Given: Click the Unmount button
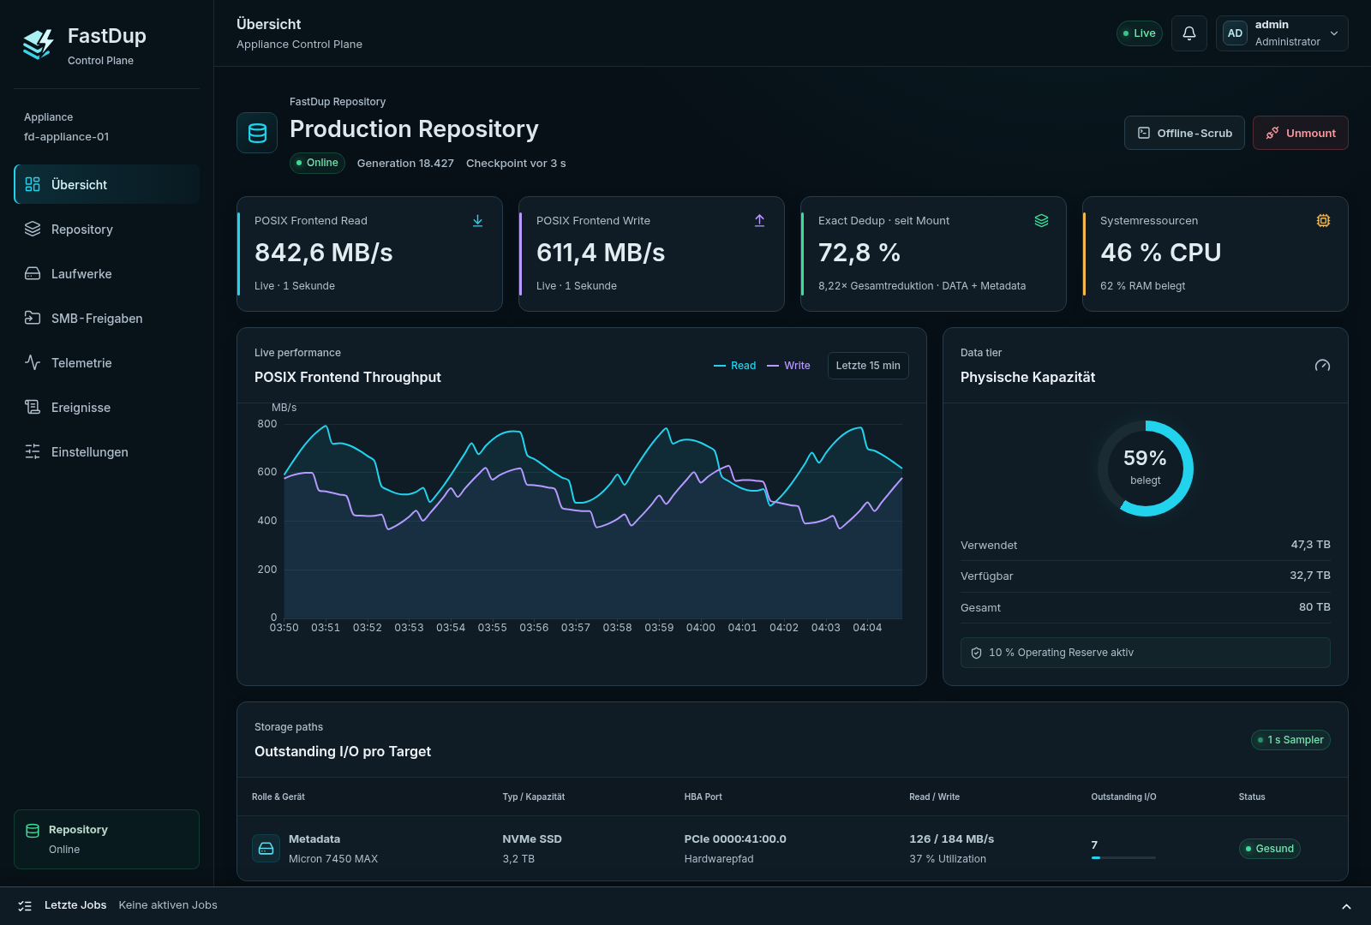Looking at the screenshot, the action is tap(1300, 133).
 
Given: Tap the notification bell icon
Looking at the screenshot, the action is tap(1188, 33).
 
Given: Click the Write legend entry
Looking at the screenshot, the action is tap(788, 365).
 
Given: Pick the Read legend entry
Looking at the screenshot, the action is tap(734, 365).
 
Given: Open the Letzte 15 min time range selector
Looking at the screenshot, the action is tap(868, 365).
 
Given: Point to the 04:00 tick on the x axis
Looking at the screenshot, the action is tap(700, 628).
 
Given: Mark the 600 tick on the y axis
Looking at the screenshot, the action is tap(266, 472).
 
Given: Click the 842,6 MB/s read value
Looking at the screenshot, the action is tap(324, 253).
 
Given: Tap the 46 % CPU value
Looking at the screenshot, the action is tap(1160, 253).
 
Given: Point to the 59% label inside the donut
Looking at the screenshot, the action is tap(1145, 457).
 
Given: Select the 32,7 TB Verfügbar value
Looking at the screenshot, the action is tap(1310, 575).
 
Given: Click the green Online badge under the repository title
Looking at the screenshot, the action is tap(317, 163).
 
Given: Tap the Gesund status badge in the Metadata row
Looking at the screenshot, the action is tap(1269, 849).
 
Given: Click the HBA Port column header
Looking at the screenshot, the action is tap(703, 797).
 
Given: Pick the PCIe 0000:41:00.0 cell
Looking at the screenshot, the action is tap(735, 838).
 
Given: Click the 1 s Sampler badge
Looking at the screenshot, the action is tap(1290, 740).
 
